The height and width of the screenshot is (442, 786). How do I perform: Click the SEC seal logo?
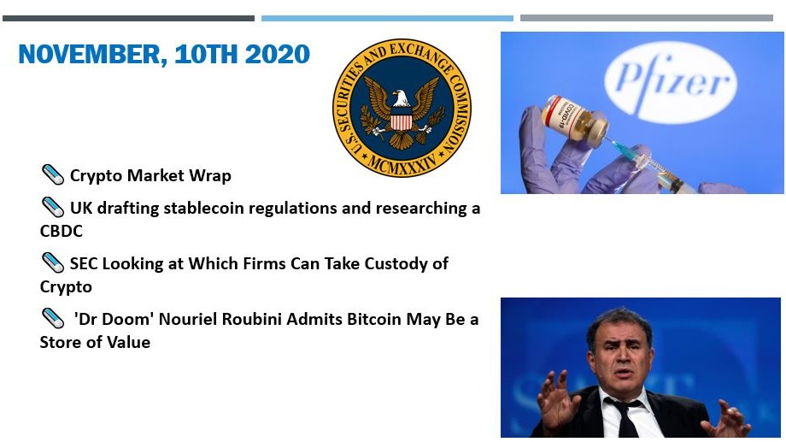[x=402, y=108]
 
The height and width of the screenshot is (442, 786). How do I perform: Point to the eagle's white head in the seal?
[x=401, y=98]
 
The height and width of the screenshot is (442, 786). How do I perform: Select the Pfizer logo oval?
[x=671, y=82]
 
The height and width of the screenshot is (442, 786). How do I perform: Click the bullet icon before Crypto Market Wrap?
[x=52, y=174]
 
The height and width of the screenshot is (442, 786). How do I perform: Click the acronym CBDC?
[x=62, y=232]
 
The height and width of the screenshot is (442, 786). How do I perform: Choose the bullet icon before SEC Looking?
[x=52, y=263]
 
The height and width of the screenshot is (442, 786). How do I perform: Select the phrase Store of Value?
[x=95, y=342]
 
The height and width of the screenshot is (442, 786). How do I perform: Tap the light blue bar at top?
[x=387, y=19]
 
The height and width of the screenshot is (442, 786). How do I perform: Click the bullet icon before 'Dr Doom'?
[x=52, y=318]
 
